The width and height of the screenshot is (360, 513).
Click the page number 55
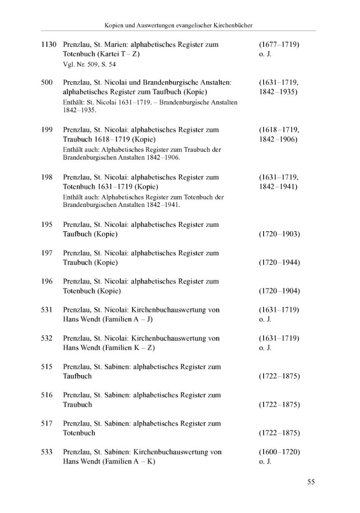[311, 482]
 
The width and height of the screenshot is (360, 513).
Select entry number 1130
[49, 45]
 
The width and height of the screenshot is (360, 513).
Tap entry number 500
[47, 82]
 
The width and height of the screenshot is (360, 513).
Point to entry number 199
[47, 130]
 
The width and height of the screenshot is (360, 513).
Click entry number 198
[47, 177]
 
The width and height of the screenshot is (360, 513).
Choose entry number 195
[47, 224]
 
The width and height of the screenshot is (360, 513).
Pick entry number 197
[47, 253]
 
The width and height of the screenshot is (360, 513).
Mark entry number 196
[47, 281]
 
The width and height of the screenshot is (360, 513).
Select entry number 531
[47, 310]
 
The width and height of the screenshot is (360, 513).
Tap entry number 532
[47, 338]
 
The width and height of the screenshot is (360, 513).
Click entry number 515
[47, 366]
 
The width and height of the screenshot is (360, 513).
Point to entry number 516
[47, 395]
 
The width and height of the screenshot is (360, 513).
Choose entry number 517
[47, 423]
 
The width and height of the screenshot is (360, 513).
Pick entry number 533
[47, 452]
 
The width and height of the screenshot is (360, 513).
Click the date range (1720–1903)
[279, 234]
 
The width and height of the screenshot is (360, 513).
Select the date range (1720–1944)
[279, 263]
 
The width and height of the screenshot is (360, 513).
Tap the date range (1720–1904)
[279, 291]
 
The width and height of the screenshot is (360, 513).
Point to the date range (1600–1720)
[279, 452]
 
